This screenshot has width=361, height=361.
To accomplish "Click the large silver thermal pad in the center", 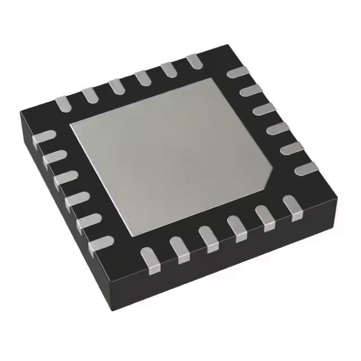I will [169, 152].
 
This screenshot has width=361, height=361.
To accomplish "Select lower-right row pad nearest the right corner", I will [292, 205].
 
